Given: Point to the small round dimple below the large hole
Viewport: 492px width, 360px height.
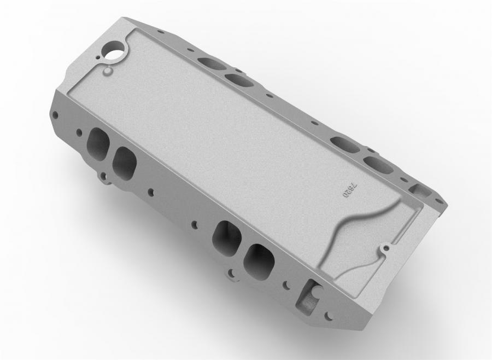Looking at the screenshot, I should point(108,71).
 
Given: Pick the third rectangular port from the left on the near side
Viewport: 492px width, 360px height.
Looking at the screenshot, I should point(227,236).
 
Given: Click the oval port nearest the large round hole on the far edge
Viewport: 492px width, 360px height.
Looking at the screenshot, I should point(212,63).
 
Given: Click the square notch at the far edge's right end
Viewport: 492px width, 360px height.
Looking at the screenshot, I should point(419,191).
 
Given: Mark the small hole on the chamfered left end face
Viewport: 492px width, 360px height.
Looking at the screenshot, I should point(55,115).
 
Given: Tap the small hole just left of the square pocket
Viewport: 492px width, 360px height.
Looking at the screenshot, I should point(285,284).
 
